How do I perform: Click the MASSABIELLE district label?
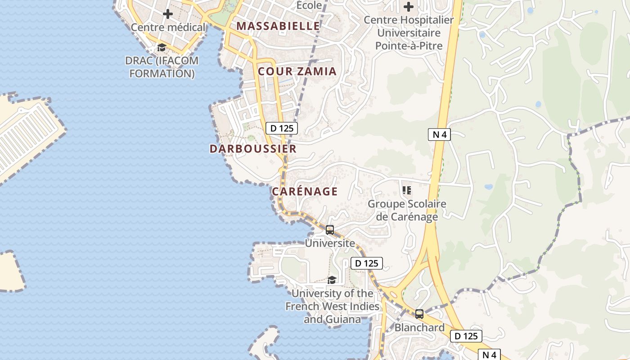278,26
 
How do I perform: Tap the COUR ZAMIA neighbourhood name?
297,71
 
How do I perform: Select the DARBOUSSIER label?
253,148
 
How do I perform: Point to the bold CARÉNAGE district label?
305,191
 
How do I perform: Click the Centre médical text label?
168,27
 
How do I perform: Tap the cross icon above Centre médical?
168,14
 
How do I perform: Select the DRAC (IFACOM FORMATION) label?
162,67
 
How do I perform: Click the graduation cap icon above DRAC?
162,47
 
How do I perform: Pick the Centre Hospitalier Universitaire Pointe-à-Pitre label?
409,33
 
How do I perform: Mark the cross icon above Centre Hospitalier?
409,7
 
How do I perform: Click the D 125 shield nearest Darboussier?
282,128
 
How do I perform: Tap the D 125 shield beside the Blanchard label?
466,336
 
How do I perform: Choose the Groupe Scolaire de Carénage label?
407,210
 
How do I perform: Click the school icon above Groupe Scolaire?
407,190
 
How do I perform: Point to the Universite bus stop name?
330,243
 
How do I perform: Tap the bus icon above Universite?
330,230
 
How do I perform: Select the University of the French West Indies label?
333,306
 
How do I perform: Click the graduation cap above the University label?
332,280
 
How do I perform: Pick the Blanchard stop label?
419,328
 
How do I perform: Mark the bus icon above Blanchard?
419,314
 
